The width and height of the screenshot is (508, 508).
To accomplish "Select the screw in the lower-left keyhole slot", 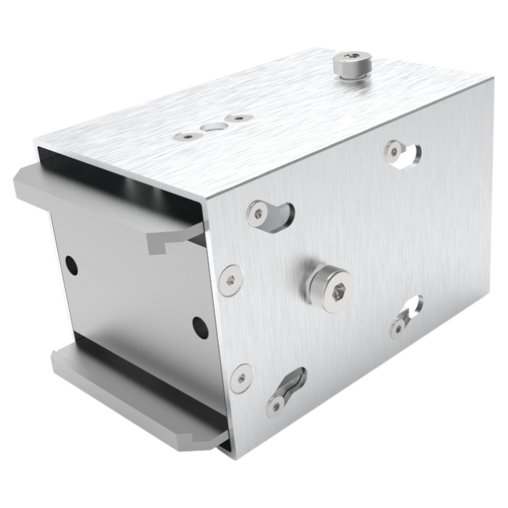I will pos(271,405).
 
